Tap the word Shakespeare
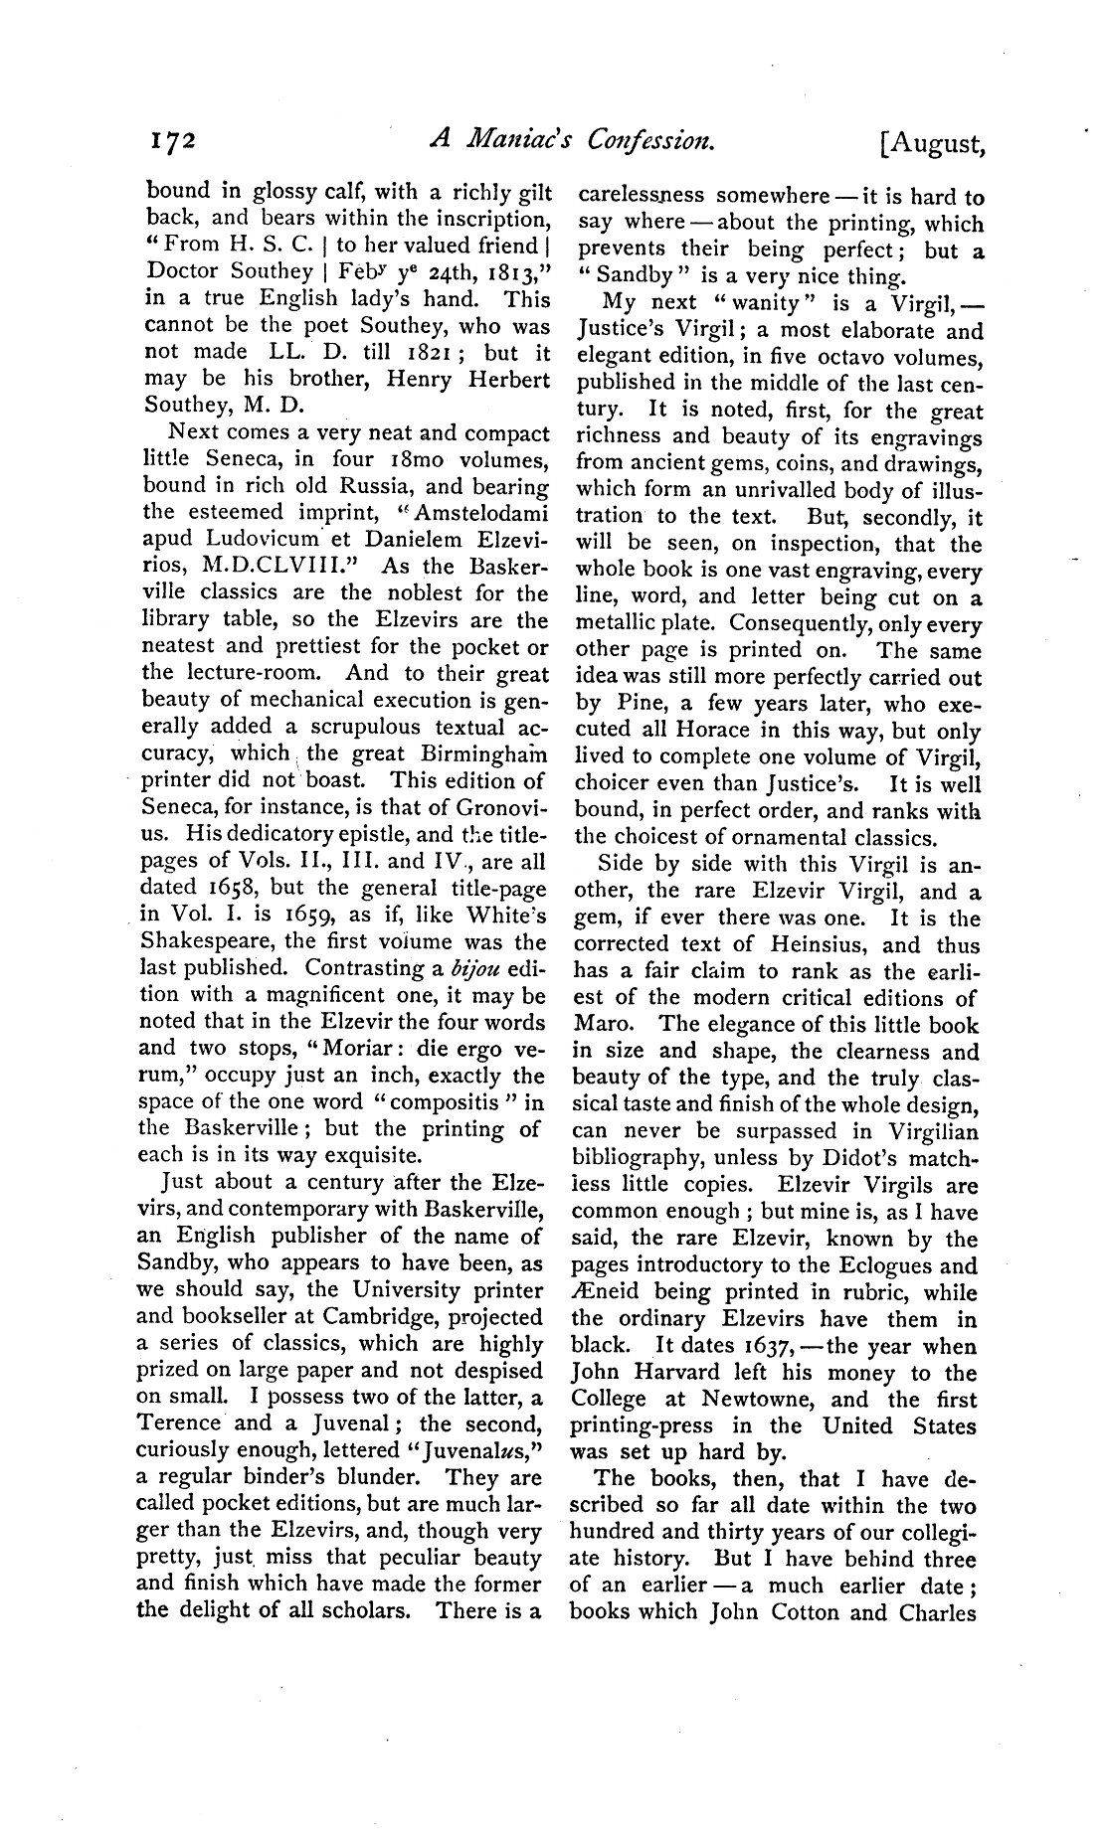tap(206, 941)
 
